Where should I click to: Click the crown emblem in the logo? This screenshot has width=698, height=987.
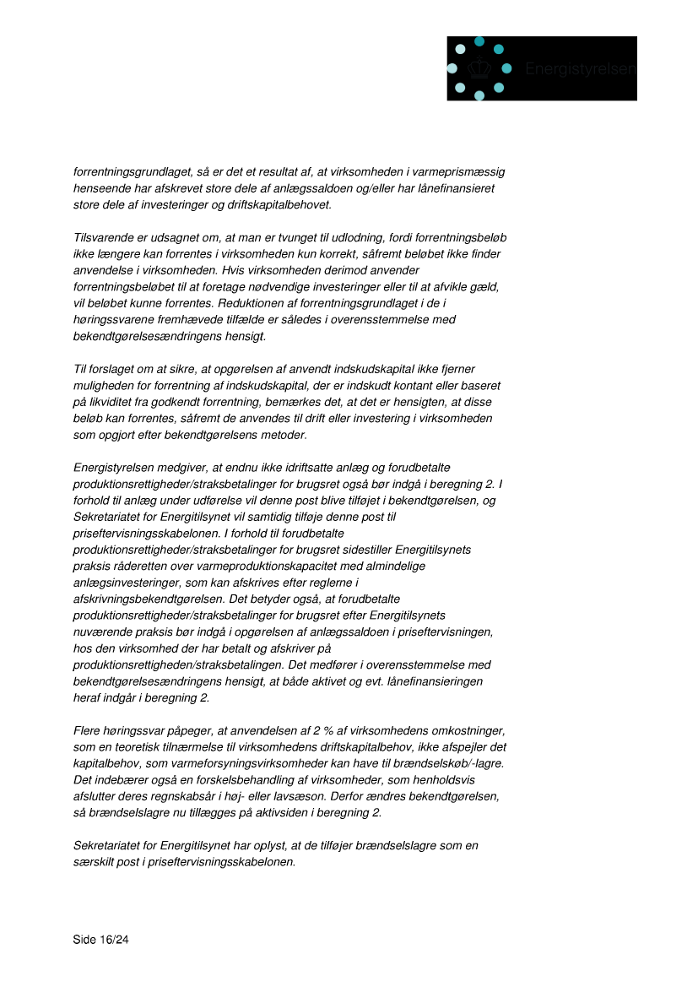coord(479,68)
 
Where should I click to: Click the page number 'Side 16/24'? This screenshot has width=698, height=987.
coord(100,939)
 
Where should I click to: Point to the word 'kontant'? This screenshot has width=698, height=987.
coord(397,386)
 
